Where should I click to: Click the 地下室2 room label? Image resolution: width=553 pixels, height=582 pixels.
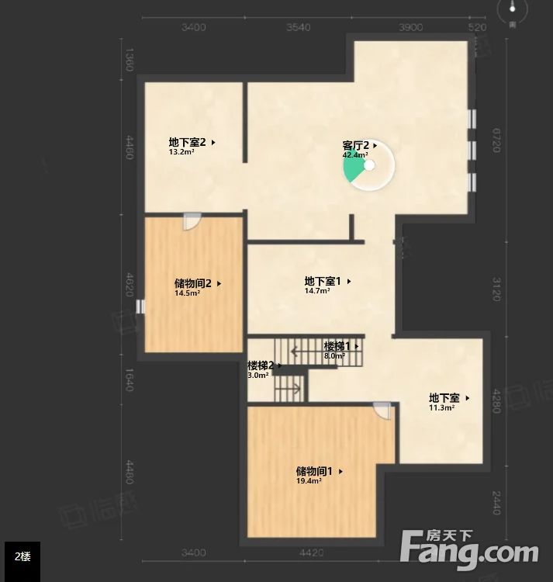pos(187,142)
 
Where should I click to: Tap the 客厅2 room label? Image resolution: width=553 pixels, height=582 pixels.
pos(355,145)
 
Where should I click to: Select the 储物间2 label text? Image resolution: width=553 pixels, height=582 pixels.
pos(193,283)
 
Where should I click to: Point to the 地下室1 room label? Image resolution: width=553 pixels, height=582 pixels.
pos(323,281)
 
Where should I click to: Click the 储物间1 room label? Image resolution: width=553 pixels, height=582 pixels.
pos(314,471)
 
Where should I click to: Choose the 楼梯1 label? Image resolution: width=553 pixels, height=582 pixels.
pos(337,346)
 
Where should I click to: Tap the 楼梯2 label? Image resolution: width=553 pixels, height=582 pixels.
pos(261,365)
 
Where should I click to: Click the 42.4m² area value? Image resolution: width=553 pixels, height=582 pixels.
pos(354,155)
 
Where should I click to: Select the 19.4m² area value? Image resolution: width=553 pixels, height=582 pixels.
pos(309,481)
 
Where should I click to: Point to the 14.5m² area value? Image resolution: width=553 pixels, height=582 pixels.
pos(187,293)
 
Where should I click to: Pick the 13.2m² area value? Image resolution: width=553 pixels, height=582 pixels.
pos(181,152)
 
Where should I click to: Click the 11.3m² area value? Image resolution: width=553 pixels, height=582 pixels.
pos(441,407)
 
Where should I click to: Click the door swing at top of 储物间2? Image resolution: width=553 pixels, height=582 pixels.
pos(192,222)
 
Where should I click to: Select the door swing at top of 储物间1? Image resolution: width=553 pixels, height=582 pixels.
pos(382,411)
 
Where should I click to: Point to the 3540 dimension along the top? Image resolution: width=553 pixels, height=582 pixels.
pos(298,27)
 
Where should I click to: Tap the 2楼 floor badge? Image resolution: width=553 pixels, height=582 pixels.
pos(22,557)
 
